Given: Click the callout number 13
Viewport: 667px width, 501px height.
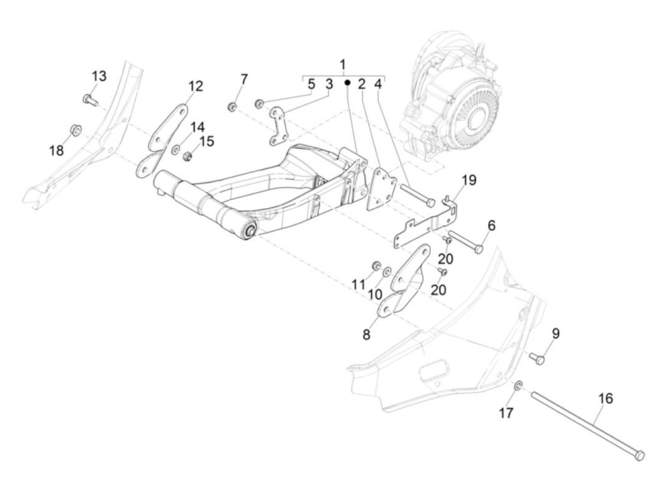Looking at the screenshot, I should (99, 76).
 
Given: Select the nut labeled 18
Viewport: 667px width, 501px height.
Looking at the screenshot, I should (75, 129).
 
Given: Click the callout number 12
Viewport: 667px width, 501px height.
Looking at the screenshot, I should (195, 86).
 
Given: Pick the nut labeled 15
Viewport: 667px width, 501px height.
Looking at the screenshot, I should (188, 156).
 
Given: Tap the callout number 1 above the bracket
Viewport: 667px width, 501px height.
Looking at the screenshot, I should (343, 64).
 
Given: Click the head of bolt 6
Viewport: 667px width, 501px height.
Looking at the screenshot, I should (479, 249).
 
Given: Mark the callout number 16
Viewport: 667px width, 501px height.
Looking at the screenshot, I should (606, 398).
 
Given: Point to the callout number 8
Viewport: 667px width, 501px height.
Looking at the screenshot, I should (366, 335).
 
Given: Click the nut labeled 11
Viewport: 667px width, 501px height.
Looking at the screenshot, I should (375, 265).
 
